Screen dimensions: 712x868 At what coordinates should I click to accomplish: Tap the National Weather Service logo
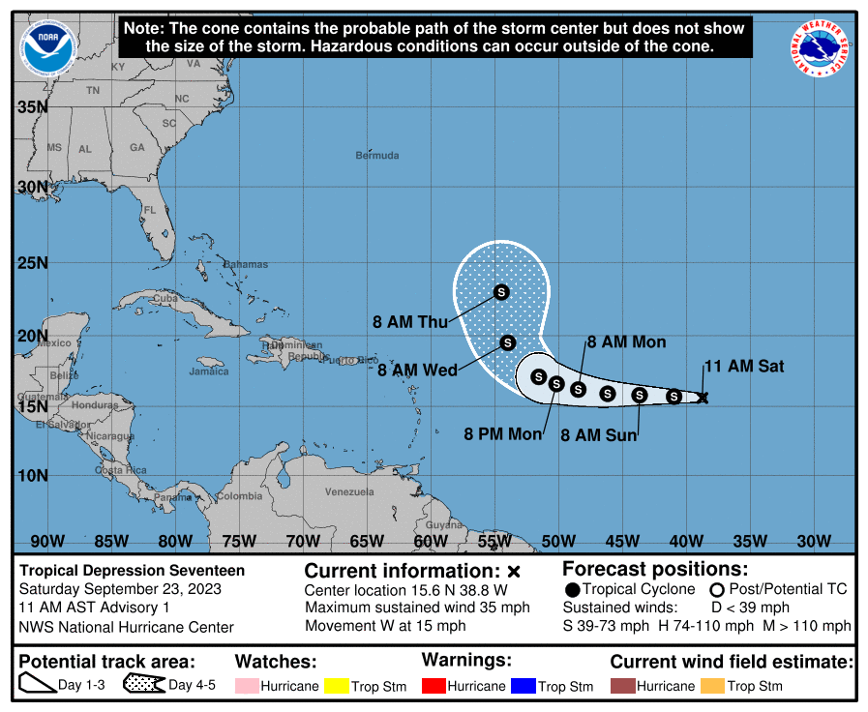822,49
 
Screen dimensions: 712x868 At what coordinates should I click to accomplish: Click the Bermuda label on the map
376,156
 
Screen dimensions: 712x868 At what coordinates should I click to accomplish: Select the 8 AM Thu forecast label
410,322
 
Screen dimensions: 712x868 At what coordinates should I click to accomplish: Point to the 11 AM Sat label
743,367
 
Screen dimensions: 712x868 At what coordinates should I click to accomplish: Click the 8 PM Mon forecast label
503,434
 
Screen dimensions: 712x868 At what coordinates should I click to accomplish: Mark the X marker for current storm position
703,397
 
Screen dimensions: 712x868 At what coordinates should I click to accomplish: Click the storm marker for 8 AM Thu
501,291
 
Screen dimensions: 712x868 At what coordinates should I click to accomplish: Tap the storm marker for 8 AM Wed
508,341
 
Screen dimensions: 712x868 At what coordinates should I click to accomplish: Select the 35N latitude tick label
33,107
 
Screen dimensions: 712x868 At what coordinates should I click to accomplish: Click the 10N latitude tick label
33,475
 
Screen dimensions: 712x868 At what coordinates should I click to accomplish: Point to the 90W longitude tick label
47,541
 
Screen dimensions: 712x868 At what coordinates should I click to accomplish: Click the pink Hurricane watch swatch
251,686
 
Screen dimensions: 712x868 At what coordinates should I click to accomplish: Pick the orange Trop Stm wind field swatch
712,686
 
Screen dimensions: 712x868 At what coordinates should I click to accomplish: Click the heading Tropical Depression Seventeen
133,571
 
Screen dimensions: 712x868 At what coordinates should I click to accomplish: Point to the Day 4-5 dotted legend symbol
143,685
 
